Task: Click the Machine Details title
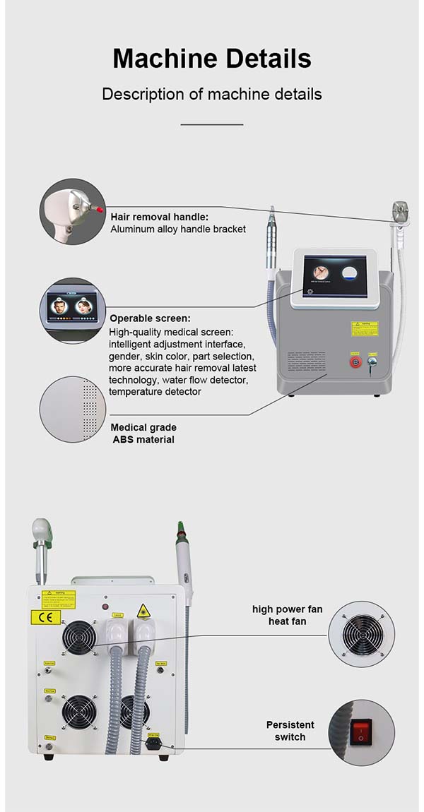coord(212,59)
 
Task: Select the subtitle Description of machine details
coord(212,94)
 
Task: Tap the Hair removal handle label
coord(160,217)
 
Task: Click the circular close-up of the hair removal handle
coord(73,212)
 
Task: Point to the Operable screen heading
coord(150,318)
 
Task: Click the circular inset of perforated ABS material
coord(73,410)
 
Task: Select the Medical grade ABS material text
coord(143,434)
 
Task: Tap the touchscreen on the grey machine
coord(335,276)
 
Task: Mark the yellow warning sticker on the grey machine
coord(365,328)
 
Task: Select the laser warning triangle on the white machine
coord(144,610)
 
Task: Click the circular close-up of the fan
coord(362,633)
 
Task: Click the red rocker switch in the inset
coord(362,732)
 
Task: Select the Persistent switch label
coord(290,731)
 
